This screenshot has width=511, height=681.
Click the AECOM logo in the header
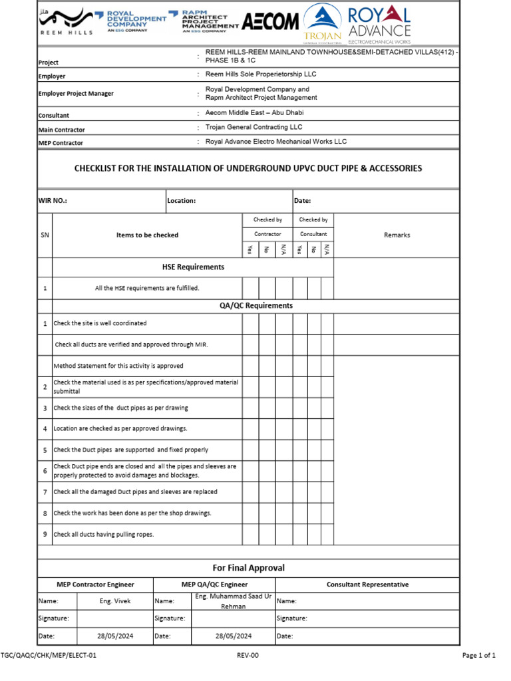pyautogui.click(x=270, y=23)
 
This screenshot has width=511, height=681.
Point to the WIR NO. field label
pyautogui.click(x=53, y=201)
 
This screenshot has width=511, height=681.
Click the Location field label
pyautogui.click(x=182, y=201)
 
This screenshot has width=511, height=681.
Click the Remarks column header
pyautogui.click(x=397, y=235)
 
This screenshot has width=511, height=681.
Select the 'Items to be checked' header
pyautogui.click(x=147, y=235)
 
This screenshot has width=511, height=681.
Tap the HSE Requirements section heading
pyautogui.click(x=193, y=267)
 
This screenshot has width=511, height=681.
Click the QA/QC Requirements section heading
pyautogui.click(x=256, y=306)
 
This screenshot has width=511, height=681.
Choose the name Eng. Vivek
pyautogui.click(x=115, y=601)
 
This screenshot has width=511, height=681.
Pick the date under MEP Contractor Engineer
pyautogui.click(x=115, y=636)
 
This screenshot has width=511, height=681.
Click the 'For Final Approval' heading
pyautogui.click(x=248, y=568)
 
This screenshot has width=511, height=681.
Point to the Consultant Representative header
pyautogui.click(x=367, y=585)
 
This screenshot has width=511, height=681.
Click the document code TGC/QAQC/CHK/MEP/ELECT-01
pyautogui.click(x=49, y=656)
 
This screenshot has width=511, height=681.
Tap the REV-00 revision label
pyautogui.click(x=248, y=656)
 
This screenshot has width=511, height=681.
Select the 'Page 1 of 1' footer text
pyautogui.click(x=478, y=656)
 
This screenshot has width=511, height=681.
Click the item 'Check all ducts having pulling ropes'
pyautogui.click(x=104, y=535)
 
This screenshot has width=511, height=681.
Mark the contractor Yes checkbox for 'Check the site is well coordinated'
pyautogui.click(x=250, y=324)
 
